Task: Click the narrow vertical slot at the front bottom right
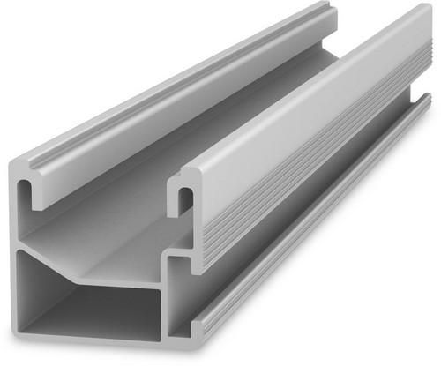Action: point(176,295)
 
